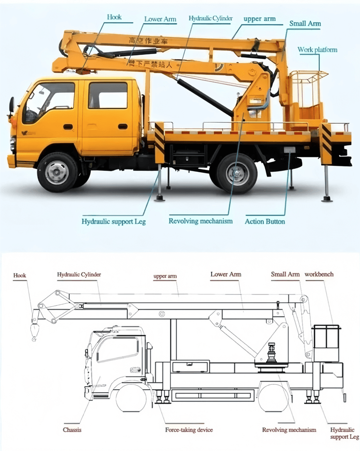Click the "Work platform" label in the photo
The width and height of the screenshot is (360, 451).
coord(317,50)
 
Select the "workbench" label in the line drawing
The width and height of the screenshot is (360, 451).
coord(319,274)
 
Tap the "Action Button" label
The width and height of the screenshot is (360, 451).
coord(265,221)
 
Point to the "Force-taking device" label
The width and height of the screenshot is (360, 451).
coord(189,430)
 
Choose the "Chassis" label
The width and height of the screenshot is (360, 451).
coord(72,430)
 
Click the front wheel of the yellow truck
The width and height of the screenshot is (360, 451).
coord(57,172)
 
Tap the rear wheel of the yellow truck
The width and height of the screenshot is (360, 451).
coord(237,173)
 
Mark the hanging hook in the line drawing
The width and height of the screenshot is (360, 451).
coord(34,332)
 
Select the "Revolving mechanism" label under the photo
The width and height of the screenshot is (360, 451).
coord(200,221)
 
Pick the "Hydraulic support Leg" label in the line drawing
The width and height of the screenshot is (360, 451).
coord(341,433)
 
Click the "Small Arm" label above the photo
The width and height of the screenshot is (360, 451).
coord(305,23)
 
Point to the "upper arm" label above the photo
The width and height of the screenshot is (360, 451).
coord(259,19)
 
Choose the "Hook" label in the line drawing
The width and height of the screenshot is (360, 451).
coord(20,276)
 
